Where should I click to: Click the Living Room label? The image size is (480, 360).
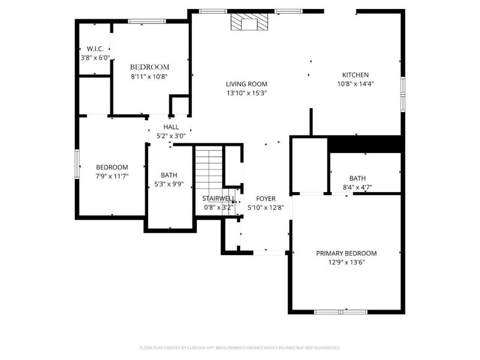point(247,84)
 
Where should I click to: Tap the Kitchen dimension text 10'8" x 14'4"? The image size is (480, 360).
point(355,84)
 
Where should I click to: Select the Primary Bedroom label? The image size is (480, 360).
point(346,253)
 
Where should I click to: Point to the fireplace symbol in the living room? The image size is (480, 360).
point(249,22)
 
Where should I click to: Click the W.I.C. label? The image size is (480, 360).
point(95,49)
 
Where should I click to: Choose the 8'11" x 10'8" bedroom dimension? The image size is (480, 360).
point(149,77)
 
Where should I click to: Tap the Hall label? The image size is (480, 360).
point(171,127)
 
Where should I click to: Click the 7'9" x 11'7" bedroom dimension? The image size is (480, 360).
point(112,176)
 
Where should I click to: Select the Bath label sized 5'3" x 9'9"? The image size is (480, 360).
point(169,175)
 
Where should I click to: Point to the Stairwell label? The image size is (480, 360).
point(218,199)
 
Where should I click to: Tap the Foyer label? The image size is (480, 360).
point(266,199)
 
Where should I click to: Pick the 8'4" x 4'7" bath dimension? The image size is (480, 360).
point(357,187)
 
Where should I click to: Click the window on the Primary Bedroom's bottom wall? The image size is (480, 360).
point(341,312)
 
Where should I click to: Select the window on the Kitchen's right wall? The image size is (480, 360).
point(403,94)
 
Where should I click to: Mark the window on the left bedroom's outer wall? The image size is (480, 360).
point(77,164)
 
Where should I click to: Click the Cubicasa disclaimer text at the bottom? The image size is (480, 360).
point(239,348)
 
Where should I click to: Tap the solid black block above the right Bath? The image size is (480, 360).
point(364,145)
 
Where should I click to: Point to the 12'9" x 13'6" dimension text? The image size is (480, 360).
point(346,262)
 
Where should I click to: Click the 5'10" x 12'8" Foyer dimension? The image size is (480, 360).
point(266,208)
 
